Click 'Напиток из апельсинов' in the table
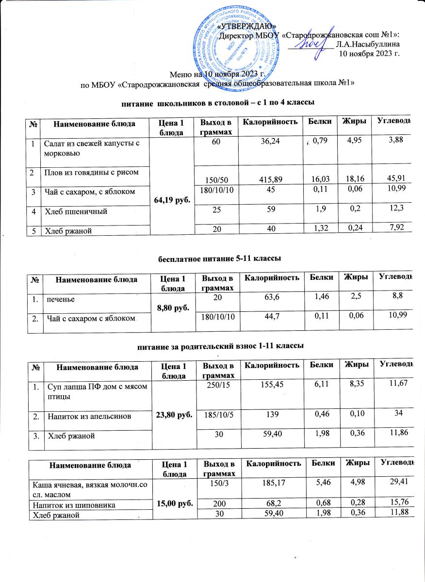coord(84,415)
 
